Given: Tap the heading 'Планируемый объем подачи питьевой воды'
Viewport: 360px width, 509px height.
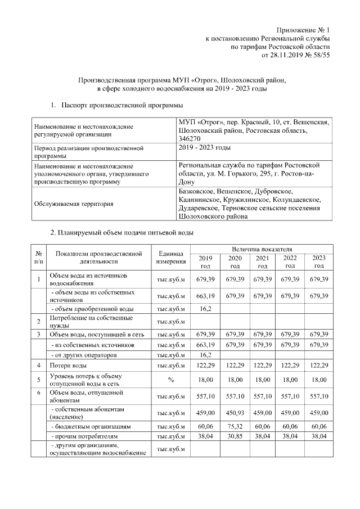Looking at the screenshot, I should [x=123, y=232].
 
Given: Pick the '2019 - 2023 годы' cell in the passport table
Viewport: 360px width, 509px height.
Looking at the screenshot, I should [x=204, y=147].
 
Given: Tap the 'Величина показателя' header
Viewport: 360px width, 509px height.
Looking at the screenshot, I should [x=262, y=249].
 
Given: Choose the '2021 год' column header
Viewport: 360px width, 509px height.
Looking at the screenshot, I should [x=262, y=262].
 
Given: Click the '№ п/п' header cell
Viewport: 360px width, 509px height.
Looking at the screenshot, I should [x=39, y=258].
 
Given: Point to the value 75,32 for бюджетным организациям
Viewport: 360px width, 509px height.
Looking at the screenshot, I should [x=235, y=427].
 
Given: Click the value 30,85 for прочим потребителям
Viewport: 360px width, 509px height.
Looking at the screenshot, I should [x=235, y=436].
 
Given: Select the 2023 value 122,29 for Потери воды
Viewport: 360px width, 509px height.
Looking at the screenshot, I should [x=319, y=366].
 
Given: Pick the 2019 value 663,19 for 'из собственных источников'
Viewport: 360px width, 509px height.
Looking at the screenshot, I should [x=205, y=345].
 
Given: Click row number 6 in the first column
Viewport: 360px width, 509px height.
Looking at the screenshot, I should [x=39, y=392].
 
